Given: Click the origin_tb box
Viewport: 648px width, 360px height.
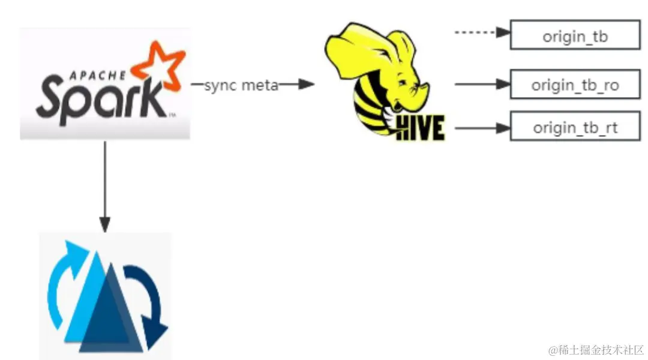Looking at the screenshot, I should coord(575,35).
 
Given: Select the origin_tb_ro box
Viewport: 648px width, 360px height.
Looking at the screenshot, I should coord(575,85).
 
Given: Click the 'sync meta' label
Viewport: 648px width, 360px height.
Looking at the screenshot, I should coord(241,85).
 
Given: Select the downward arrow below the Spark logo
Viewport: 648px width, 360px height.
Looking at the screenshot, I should coord(105,186).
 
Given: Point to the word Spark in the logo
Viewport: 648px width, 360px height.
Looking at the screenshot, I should coord(99,99).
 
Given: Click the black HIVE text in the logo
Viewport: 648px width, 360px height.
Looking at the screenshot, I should coord(421,127).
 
